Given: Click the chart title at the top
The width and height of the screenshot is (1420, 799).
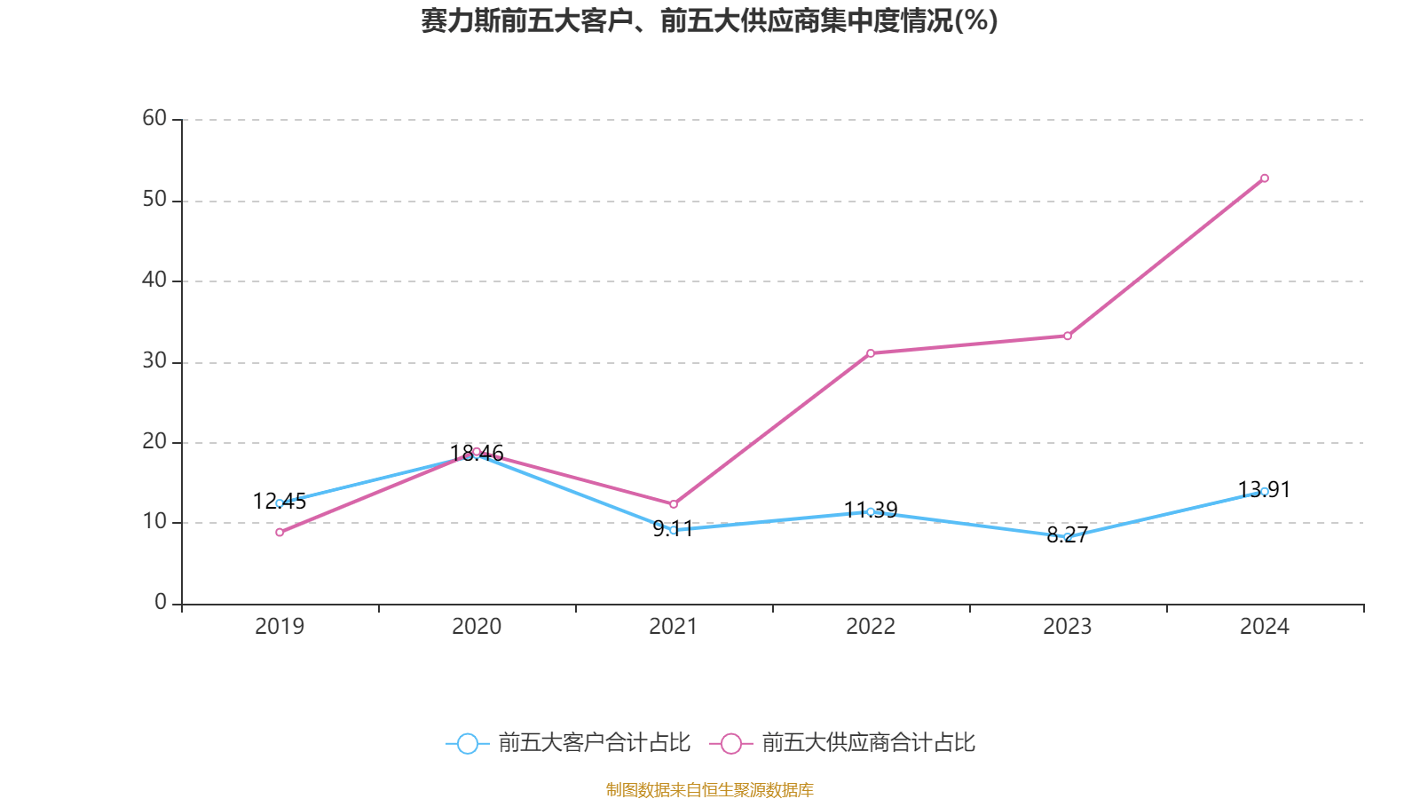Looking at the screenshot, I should click(709, 20).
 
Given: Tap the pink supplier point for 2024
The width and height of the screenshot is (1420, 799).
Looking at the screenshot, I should click(1264, 178).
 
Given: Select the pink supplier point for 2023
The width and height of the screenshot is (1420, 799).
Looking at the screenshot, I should click(1067, 336).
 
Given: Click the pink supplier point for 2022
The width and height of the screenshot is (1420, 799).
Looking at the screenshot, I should click(870, 353).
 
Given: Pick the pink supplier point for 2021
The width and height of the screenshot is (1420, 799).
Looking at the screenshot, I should click(673, 504).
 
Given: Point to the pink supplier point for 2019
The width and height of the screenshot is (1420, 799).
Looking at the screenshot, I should click(280, 533).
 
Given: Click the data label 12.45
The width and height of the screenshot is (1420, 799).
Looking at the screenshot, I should click(280, 502).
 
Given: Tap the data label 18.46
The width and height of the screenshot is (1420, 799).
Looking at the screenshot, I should click(477, 454).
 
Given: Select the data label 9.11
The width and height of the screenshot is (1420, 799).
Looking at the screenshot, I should click(673, 530).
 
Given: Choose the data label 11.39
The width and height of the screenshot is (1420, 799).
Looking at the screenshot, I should click(871, 510).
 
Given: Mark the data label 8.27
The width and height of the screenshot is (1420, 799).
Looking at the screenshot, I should click(1067, 535).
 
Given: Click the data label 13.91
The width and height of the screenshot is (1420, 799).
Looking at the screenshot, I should click(1264, 490).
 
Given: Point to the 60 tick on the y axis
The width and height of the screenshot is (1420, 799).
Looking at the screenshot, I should click(154, 118).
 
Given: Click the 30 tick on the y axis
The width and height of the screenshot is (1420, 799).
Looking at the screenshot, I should click(154, 360).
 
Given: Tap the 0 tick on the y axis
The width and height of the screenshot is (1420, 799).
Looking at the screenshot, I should click(161, 603).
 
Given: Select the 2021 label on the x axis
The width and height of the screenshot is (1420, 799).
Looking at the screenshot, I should click(673, 627).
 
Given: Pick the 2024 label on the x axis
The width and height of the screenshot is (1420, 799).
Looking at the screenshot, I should click(1264, 627).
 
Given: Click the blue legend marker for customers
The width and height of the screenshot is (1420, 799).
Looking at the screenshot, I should click(467, 744).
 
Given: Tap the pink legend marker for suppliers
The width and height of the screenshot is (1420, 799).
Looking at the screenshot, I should click(730, 744).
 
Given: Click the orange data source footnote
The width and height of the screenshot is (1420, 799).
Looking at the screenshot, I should click(709, 789).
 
